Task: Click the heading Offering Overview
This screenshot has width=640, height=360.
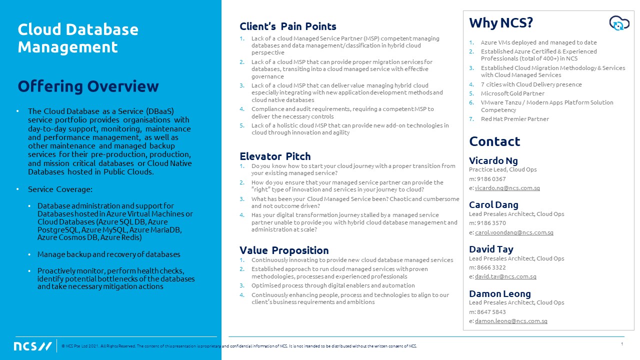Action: pos(88,86)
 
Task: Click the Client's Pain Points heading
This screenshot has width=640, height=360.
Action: pos(287,26)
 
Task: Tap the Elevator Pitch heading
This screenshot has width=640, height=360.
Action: pos(275,156)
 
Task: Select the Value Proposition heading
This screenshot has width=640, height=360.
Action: pos(284,250)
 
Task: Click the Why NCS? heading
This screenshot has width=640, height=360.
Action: pos(501,23)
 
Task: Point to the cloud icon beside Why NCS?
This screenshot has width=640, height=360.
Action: pos(618,23)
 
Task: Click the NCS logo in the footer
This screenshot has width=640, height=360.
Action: pos(33,346)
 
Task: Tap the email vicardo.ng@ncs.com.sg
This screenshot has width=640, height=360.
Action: pos(507,188)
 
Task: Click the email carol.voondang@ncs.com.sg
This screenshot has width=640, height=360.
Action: pos(514,232)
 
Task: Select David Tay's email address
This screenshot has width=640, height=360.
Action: pos(505,276)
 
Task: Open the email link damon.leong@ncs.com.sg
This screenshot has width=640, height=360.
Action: pos(511,321)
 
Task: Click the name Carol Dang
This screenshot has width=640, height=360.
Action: pos(493,204)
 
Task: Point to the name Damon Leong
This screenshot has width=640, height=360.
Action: pos(499,293)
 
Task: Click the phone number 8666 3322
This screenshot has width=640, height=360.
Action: pos(491,267)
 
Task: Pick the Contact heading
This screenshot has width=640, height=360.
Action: pos(494,141)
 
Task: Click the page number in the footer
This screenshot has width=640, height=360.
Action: pos(621,344)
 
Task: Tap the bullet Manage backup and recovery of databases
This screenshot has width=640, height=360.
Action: pos(108,254)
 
